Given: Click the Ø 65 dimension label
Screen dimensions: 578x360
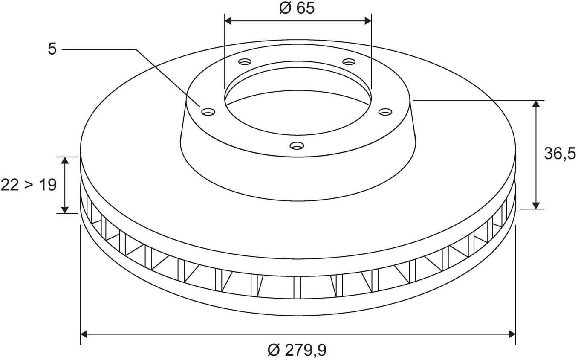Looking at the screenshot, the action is pos(297,8).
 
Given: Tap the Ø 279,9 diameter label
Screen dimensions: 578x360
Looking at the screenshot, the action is pos(297,350).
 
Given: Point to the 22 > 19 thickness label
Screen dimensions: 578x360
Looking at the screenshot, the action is pos(29,185).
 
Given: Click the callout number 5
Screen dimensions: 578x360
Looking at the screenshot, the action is pos(52,49).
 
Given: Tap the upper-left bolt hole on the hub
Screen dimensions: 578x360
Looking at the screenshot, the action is pos(245,62).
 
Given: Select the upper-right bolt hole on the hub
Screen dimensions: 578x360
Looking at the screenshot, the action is pos(349,62).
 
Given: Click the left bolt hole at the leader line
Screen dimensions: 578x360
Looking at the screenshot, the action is pos(208,112).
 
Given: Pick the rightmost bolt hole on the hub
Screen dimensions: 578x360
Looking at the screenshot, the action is pos(385,112).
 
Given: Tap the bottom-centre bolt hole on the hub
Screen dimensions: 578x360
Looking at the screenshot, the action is pos(297,145).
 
